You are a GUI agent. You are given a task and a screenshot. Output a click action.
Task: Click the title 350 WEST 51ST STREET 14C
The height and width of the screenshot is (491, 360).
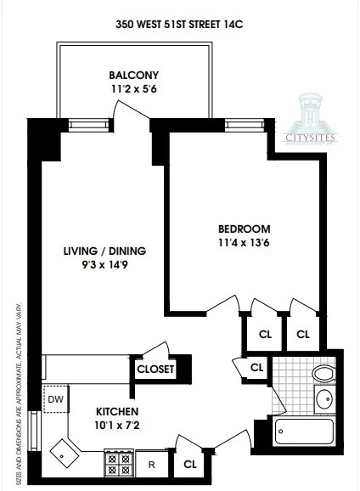click(x=179, y=25)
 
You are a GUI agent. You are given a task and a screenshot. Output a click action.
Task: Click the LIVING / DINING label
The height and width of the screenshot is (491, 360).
click(x=104, y=251)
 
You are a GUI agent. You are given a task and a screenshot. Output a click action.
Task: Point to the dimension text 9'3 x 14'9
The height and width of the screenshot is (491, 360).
click(x=104, y=265)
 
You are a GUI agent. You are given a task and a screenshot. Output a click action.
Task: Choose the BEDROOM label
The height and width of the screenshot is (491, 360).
click(x=244, y=229)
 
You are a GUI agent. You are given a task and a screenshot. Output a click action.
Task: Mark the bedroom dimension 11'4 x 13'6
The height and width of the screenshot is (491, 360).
click(x=244, y=243)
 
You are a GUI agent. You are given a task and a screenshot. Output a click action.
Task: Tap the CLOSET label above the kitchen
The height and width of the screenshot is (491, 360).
click(x=155, y=370)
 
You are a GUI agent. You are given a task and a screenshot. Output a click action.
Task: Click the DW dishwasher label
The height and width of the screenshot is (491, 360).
click(x=55, y=398)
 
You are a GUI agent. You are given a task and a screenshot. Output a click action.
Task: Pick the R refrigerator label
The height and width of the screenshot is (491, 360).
click(x=152, y=465)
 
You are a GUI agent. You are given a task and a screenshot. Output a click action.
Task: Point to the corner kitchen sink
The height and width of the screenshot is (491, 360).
click(x=65, y=450)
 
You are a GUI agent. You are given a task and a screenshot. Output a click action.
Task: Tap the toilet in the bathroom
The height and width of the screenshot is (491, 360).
click(x=323, y=372)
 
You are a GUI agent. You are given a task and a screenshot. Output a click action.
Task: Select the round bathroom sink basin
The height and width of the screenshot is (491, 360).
click(x=323, y=399)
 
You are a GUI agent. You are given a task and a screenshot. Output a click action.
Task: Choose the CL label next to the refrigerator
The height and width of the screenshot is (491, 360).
click(x=189, y=465)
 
